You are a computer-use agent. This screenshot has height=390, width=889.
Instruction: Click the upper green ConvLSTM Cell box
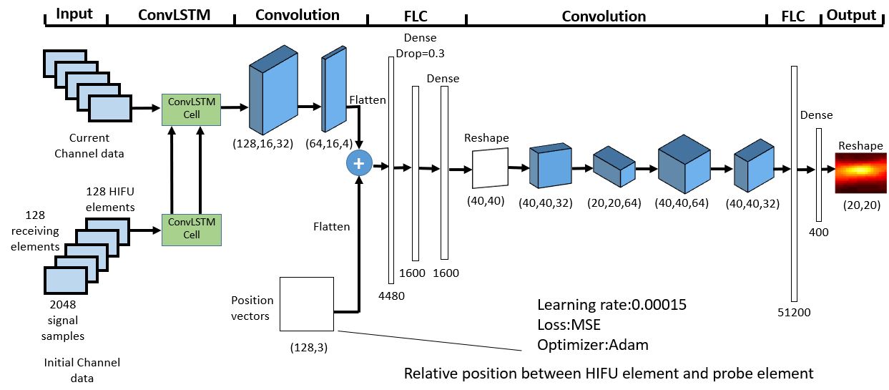click(192, 109)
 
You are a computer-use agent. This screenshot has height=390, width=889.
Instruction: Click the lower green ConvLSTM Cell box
click(192, 229)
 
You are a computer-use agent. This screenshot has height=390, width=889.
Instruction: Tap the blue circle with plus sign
click(358, 164)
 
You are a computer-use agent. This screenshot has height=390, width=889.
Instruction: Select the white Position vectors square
click(307, 304)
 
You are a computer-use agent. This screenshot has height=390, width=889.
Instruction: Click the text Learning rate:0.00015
click(612, 305)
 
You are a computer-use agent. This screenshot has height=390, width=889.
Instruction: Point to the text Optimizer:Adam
click(592, 345)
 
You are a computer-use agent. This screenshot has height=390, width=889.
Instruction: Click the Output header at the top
click(851, 15)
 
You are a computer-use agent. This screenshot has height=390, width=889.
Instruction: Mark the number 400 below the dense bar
click(818, 232)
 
